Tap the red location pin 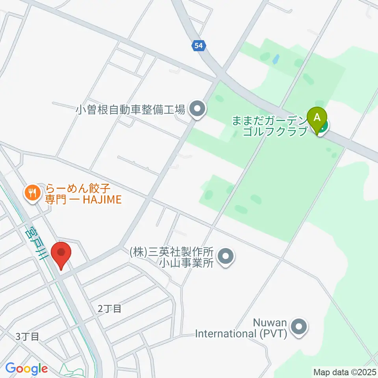(62, 255)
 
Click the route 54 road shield (199, 46)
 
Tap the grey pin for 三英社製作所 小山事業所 (226, 257)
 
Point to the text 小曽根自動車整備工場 (130, 109)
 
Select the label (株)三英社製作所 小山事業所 (171, 257)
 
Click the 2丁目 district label (109, 309)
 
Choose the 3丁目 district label (27, 337)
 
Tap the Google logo (26, 369)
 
